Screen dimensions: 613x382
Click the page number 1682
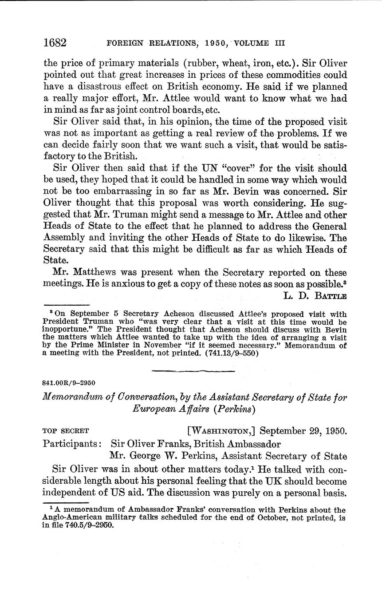point(55,43)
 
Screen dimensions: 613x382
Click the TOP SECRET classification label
point(66,431)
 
